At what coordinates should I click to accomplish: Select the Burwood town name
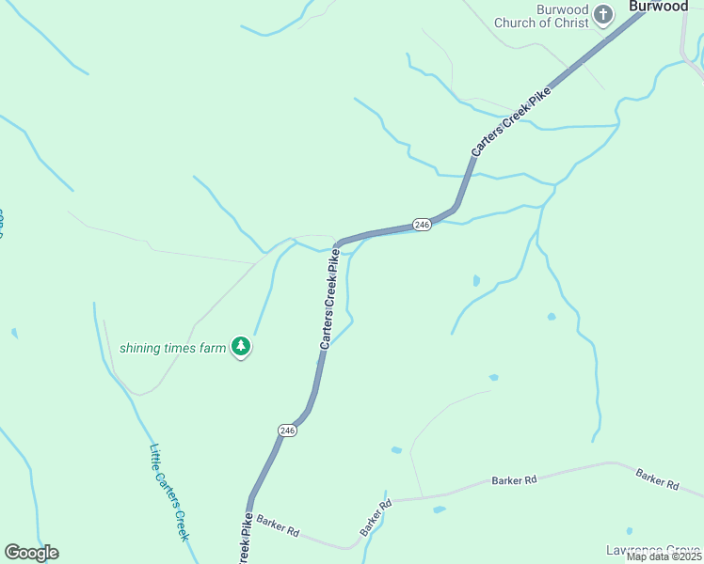[659, 7]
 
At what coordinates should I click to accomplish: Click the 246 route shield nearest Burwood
[422, 225]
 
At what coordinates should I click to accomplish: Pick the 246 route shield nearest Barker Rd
[287, 430]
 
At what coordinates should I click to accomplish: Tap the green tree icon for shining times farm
[242, 347]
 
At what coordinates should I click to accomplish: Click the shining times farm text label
[173, 348]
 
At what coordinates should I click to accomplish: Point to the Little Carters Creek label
[169, 493]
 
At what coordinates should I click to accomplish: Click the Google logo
[31, 553]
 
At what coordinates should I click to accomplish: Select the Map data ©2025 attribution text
[664, 556]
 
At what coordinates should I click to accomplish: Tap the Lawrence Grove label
[655, 550]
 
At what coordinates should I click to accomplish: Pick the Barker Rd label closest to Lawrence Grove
[657, 479]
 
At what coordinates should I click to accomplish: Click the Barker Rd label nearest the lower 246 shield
[278, 526]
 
